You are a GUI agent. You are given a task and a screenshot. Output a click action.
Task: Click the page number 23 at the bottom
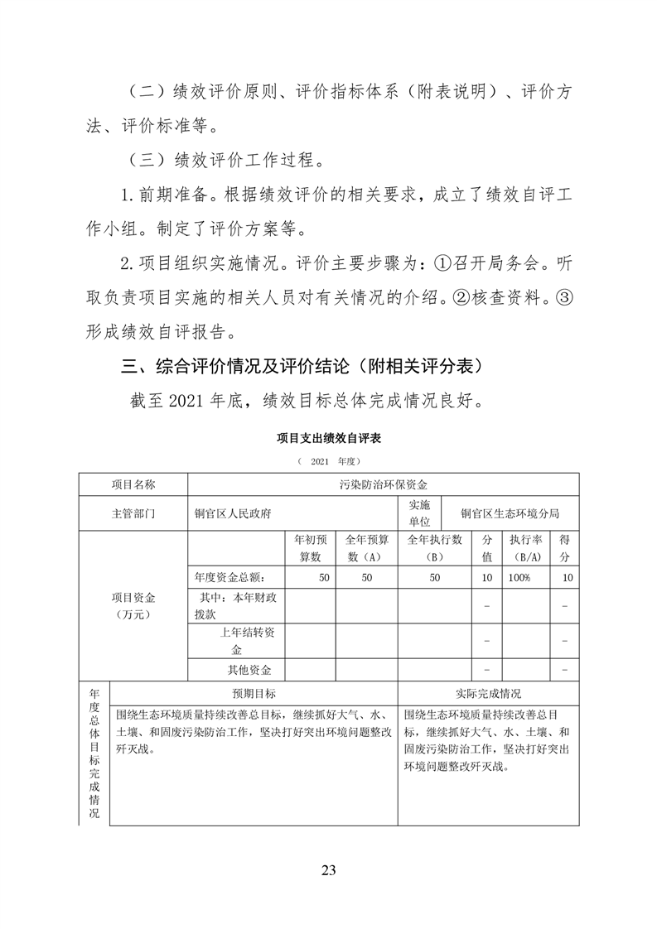328,869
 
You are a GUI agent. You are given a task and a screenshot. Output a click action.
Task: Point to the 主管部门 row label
133,513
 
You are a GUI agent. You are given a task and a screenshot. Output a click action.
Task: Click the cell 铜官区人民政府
233,513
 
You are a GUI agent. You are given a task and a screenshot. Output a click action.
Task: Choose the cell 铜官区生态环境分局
510,513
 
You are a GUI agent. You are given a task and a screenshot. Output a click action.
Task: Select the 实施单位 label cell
419,513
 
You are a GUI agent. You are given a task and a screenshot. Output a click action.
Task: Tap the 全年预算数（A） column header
366,547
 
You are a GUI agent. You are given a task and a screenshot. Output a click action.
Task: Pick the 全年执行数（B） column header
435,547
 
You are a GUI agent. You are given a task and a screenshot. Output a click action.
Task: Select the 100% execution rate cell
520,577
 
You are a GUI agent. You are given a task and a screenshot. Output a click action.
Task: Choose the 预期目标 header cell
254,693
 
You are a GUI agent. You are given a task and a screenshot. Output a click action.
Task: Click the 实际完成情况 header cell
488,693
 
